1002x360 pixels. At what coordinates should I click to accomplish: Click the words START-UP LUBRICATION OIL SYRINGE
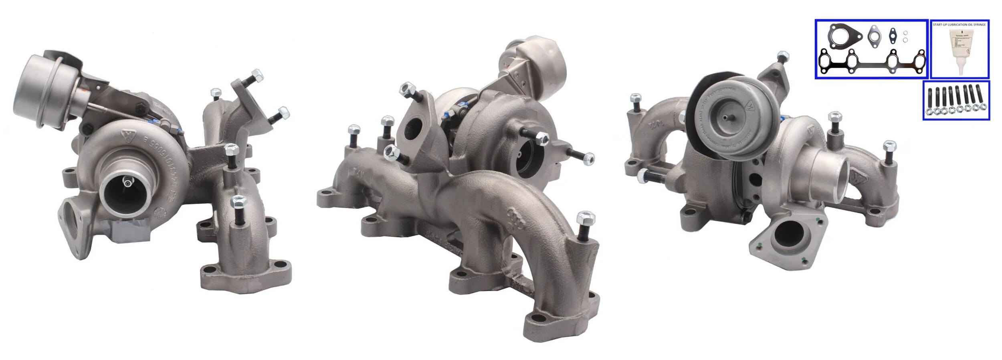tap(959, 25)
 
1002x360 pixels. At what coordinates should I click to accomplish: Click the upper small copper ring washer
tap(905, 33)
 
